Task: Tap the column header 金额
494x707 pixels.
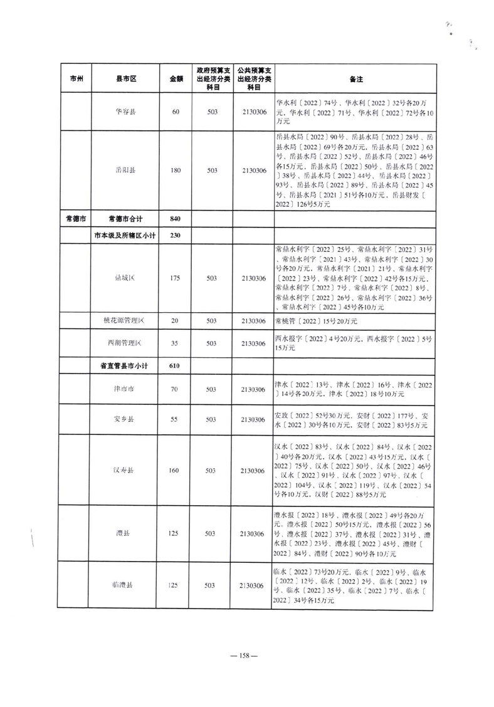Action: click(176, 80)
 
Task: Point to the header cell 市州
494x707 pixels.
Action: click(76, 80)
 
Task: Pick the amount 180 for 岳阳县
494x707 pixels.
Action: click(176, 170)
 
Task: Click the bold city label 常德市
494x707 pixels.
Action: click(76, 218)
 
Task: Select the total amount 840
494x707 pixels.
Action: click(176, 218)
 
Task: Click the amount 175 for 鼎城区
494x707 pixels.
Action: click(176, 277)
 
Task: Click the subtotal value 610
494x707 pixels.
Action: click(176, 365)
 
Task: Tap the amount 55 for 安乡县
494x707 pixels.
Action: click(176, 419)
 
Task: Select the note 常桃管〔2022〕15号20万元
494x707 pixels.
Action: click(316, 321)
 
